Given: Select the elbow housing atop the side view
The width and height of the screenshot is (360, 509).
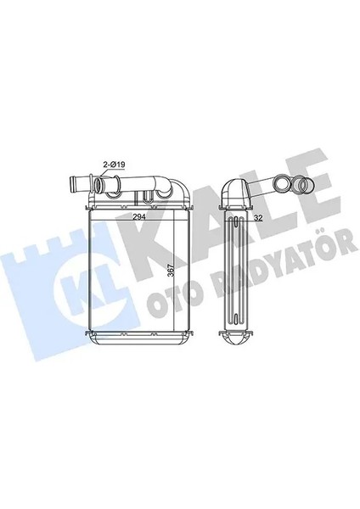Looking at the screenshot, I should (x=234, y=193).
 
